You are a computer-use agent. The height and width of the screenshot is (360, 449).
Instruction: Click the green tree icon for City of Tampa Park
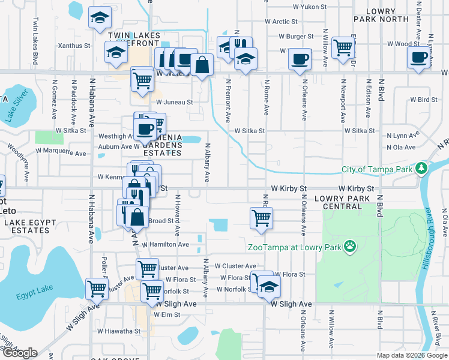pyautogui.click(x=422, y=167)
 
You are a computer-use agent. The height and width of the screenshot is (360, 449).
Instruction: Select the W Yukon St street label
pyautogui.click(x=310, y=7)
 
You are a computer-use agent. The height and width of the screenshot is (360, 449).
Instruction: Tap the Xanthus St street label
pyautogui.click(x=74, y=46)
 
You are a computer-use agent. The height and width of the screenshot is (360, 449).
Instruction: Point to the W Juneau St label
pyautogui.click(x=174, y=102)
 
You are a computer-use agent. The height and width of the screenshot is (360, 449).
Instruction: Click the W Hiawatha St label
pyautogui.click(x=119, y=331)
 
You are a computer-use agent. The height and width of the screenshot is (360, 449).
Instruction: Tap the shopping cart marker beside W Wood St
pyautogui.click(x=343, y=48)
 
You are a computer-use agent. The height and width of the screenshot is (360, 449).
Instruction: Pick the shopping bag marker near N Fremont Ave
pyautogui.click(x=203, y=66)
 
